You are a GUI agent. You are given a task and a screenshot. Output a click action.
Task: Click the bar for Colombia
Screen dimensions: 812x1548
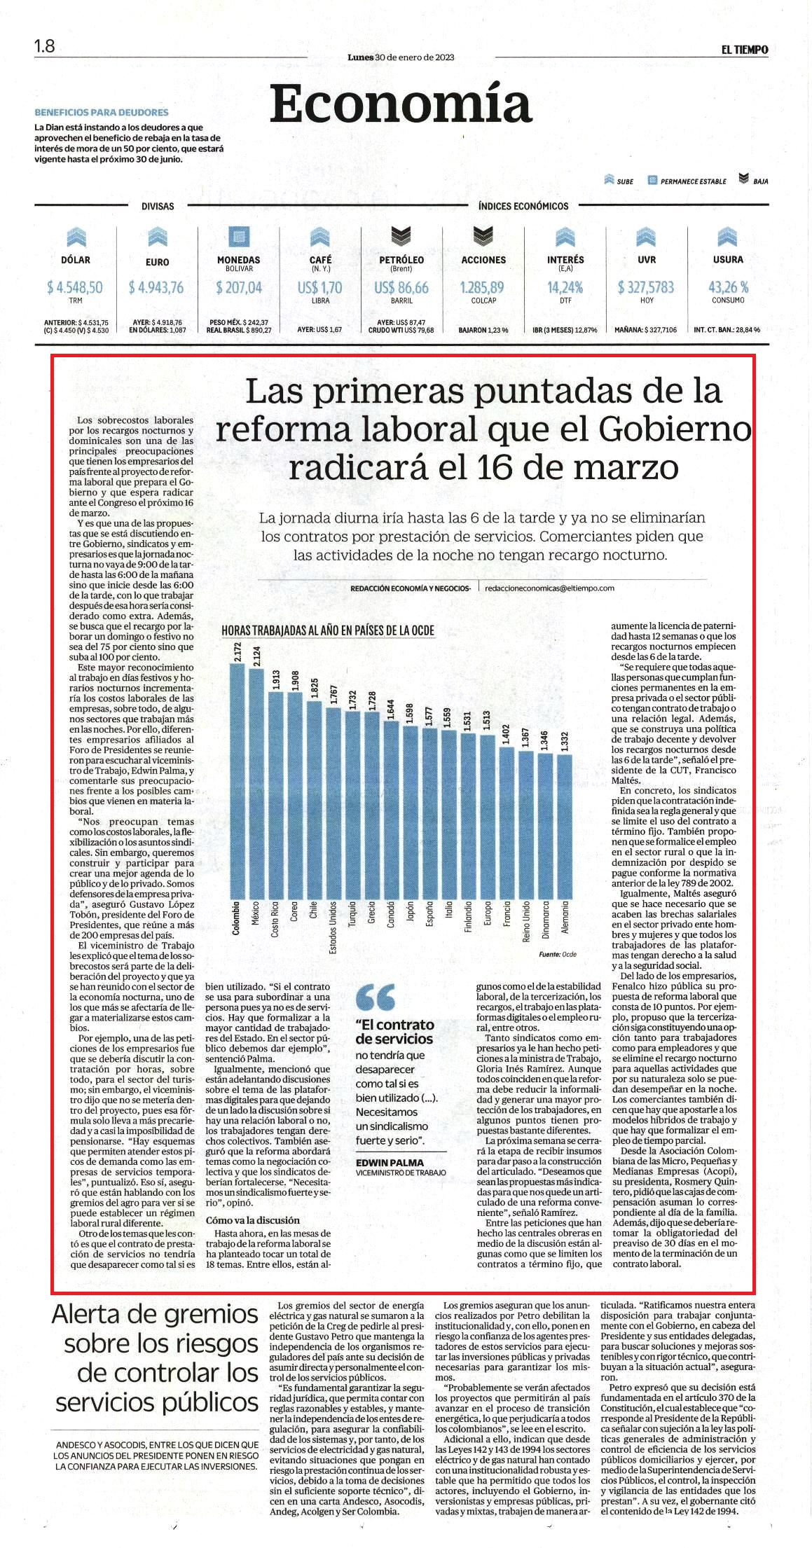pos(238,780)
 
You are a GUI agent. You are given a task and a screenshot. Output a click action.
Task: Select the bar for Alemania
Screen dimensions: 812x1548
pos(565,826)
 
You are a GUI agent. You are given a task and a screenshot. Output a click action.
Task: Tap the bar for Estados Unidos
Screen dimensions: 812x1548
pos(333,803)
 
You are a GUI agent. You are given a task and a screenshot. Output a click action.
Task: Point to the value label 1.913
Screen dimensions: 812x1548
pos(276,679)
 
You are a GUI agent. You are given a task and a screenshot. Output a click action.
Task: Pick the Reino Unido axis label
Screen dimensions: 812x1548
pos(526,921)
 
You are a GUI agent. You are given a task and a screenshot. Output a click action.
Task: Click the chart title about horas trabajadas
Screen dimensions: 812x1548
pos(328,630)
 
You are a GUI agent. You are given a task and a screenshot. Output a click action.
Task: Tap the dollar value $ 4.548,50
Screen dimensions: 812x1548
pos(75,287)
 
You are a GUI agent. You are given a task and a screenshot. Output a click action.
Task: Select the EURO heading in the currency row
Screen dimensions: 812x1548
pos(158,262)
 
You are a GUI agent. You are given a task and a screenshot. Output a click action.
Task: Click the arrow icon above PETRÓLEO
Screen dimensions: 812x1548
pos(401,237)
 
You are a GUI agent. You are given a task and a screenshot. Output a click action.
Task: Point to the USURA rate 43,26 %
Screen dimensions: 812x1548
pos(729,287)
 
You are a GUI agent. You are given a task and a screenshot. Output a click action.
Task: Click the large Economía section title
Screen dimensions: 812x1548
pos(401,103)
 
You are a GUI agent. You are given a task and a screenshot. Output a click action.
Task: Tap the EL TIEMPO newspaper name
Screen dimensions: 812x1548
pos(745,50)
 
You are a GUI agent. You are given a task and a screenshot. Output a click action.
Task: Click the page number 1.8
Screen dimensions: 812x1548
pos(44,46)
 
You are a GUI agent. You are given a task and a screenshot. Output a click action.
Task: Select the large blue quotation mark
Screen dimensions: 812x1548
pos(375,997)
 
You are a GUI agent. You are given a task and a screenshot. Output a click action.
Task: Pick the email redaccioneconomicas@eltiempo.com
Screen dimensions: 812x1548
pos(549,588)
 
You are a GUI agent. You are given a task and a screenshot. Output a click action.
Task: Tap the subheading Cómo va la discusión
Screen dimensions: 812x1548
pos(252,1220)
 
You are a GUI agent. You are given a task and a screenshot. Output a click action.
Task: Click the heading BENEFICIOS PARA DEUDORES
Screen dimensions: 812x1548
pos(102,112)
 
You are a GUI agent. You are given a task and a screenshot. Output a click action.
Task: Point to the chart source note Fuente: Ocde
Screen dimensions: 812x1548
pos(558,955)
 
